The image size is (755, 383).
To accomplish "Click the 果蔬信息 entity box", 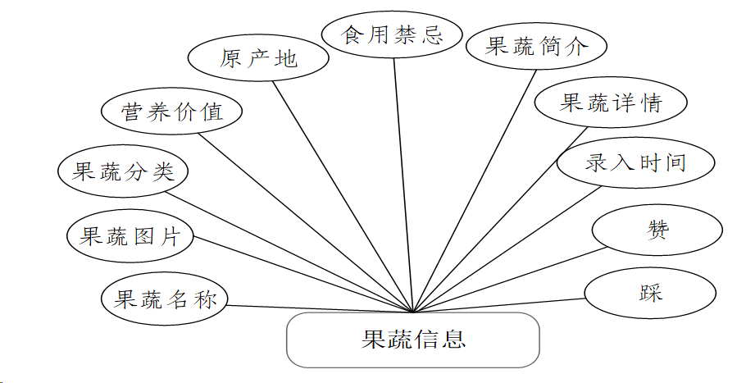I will coord(412,340).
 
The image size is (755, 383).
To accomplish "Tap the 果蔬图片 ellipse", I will coord(130,237).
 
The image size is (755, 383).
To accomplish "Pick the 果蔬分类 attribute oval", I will coord(124,172).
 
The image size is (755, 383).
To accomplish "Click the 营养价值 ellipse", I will coord(171,112).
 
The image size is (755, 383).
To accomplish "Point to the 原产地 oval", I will coord(258,59).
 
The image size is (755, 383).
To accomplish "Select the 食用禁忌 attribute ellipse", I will coord(393,34).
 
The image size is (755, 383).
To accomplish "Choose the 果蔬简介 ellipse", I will coord(536,46).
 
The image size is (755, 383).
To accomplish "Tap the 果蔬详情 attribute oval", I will coord(610,103).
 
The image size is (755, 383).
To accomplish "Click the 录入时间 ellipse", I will coord(634,162).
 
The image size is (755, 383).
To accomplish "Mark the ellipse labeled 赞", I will coord(657,230).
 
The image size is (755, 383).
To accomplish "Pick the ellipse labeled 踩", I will coord(650,292).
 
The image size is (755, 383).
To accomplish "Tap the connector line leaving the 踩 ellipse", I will coord(500,305).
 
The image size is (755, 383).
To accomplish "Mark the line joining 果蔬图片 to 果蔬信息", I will coord(303,275).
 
